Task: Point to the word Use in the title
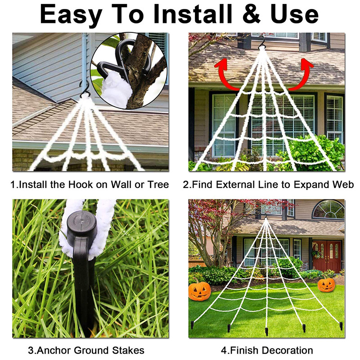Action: [x=297, y=14]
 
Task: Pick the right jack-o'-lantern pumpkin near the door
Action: [x=326, y=284]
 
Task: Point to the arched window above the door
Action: [x=328, y=210]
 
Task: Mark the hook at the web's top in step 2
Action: [x=261, y=43]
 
